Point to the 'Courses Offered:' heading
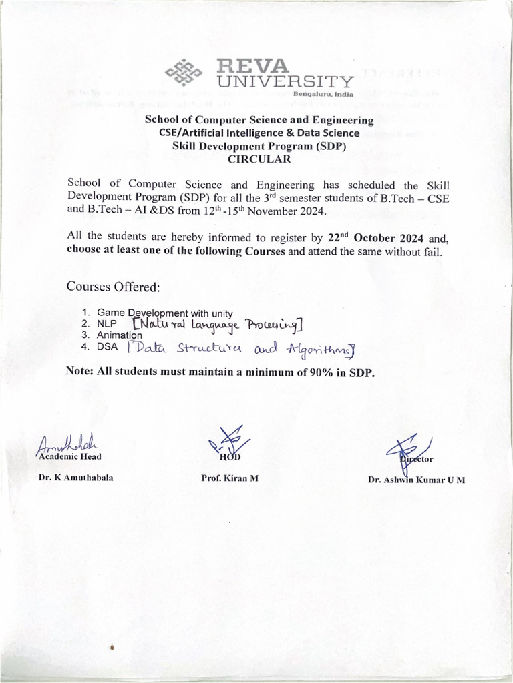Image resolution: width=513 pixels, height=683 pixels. [113, 287]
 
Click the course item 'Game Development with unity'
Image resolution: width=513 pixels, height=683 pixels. [164, 313]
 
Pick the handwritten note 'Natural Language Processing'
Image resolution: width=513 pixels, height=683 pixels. [218, 324]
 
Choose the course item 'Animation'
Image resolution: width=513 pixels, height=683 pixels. [119, 335]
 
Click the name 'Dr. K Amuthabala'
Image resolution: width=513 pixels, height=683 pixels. [75, 478]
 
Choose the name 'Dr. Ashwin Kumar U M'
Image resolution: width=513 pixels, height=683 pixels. [416, 480]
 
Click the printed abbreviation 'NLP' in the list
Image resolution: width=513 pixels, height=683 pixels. [108, 324]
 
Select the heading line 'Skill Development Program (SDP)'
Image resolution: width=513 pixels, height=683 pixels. [259, 146]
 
